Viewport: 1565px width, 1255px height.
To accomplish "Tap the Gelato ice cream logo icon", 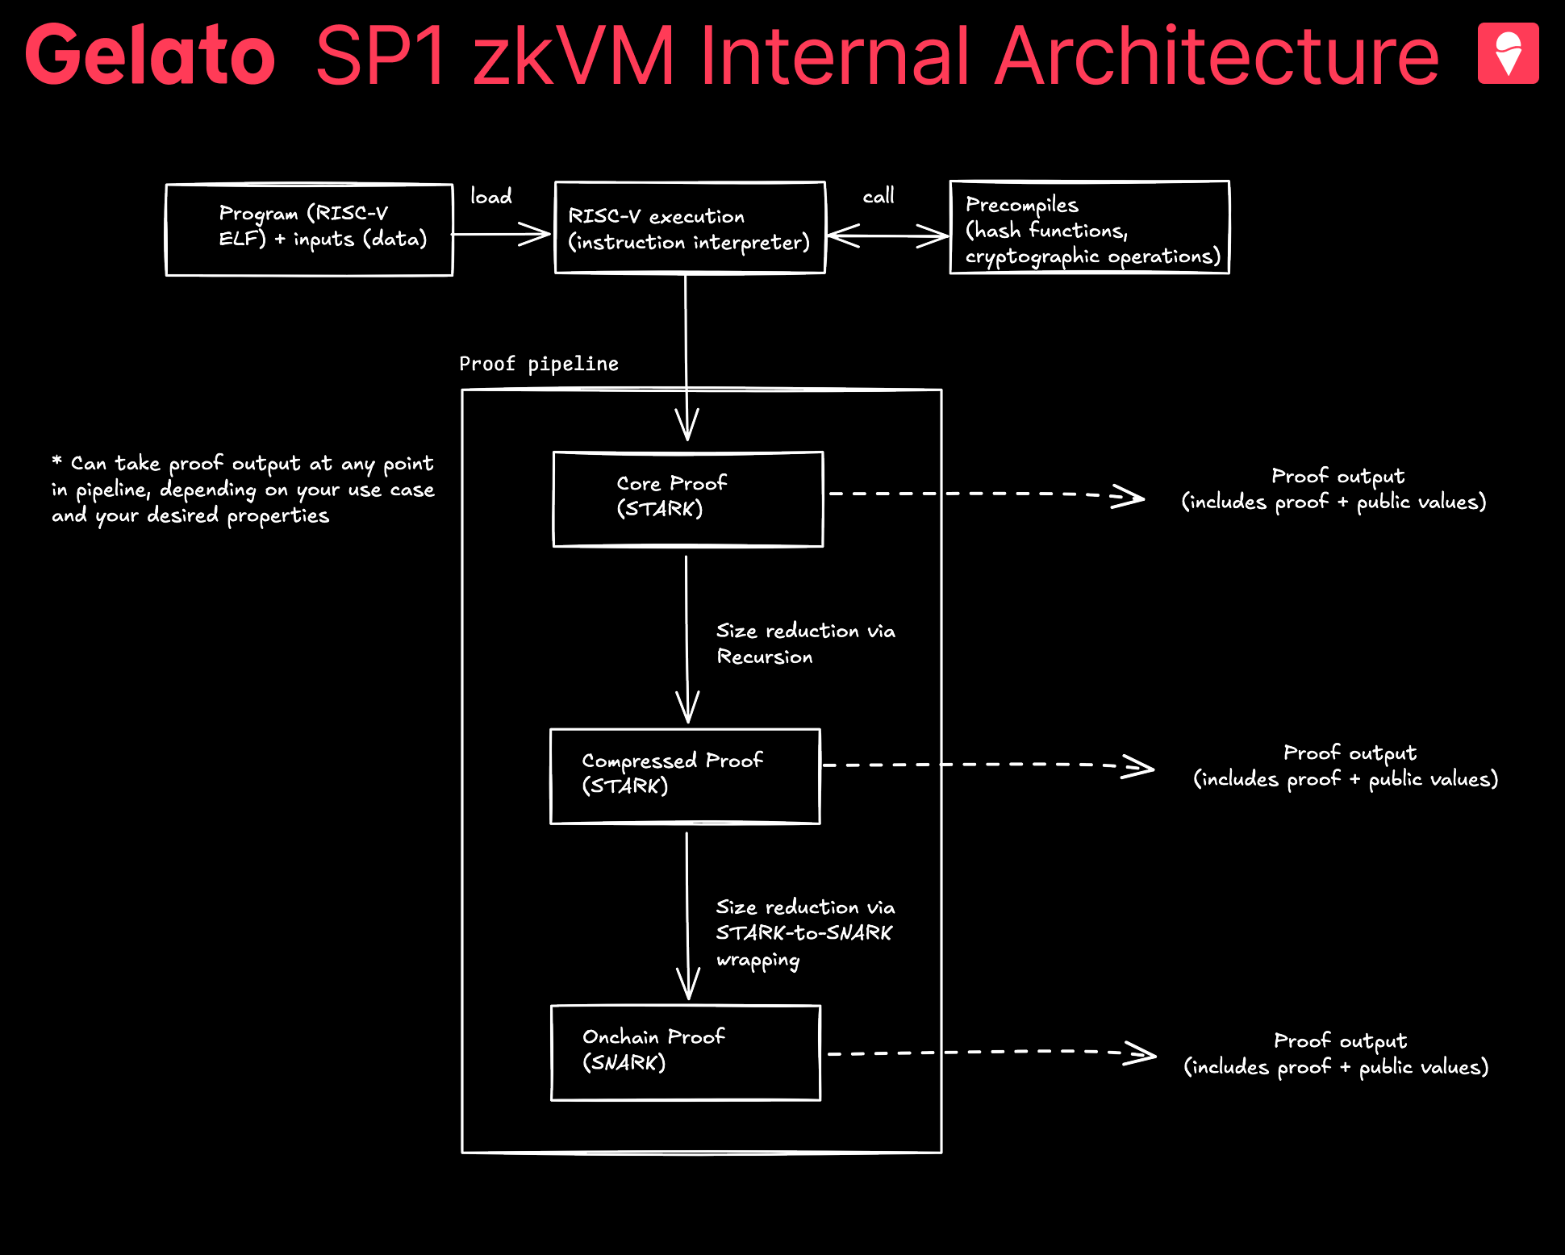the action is tap(1508, 53).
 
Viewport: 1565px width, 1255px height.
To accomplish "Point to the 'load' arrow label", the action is tap(491, 196).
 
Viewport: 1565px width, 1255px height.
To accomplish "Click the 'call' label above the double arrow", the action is tap(878, 196).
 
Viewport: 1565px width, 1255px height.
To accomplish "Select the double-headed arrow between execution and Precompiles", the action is tap(888, 236).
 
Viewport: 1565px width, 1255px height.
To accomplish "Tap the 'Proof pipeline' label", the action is tap(539, 364).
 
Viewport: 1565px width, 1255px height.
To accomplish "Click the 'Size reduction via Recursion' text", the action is tap(806, 644).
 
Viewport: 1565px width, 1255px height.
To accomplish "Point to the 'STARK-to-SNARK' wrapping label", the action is tap(804, 932).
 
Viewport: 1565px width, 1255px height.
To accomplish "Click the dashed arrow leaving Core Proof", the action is tap(987, 494).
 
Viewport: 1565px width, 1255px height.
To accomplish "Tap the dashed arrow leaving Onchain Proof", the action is tap(992, 1053).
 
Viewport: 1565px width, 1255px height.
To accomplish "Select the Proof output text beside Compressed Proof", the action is tap(1346, 765).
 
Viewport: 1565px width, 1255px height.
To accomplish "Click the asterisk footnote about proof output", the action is tap(243, 490).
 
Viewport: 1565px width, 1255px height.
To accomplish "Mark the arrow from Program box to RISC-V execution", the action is tap(500, 235).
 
